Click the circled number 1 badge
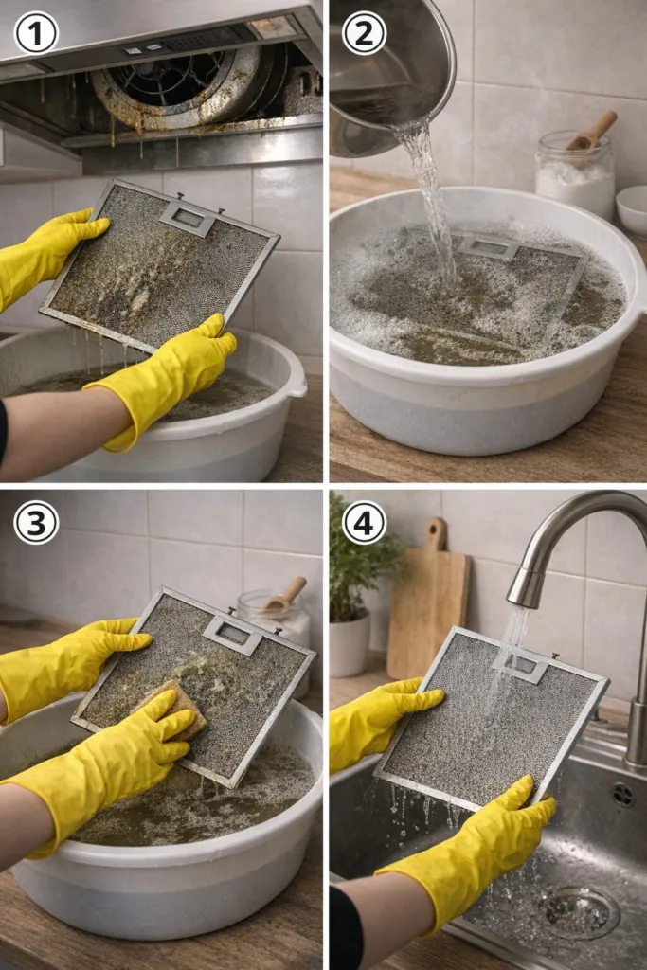point(36,33)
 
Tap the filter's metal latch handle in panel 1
point(189,218)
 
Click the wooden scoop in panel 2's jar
point(593,131)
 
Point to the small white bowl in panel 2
point(632,209)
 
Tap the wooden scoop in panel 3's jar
point(285,595)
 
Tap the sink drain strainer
point(579,911)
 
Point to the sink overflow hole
point(623,795)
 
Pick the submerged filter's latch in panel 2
point(488,246)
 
